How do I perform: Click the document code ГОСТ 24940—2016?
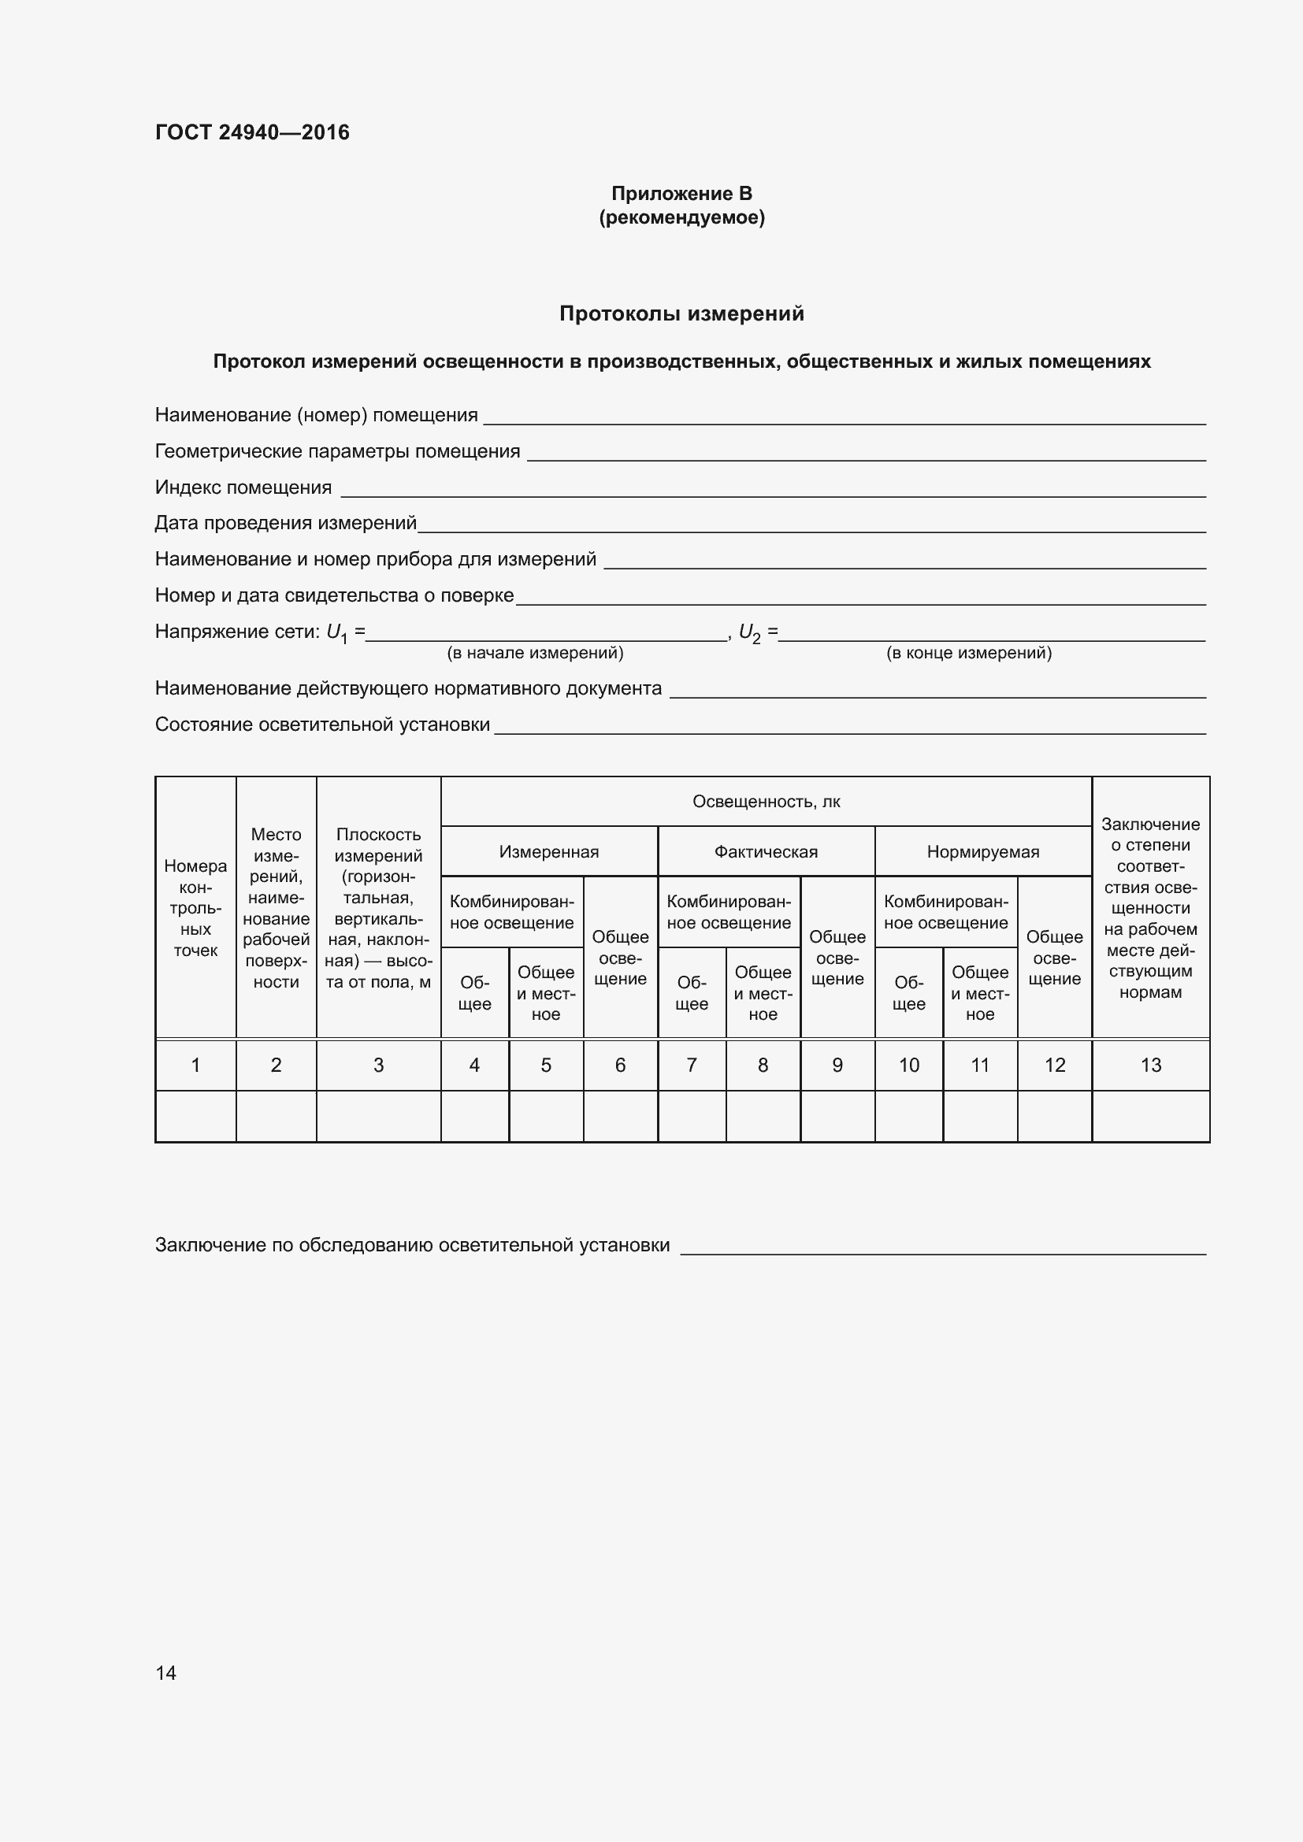252,132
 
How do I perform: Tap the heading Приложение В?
681,194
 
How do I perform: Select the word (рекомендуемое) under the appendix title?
681,217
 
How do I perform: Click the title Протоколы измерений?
681,313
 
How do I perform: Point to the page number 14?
166,1673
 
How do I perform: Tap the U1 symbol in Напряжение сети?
336,633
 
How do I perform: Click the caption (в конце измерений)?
968,653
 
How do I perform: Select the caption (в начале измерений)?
535,653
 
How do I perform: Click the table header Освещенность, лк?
767,802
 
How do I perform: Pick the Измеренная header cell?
549,852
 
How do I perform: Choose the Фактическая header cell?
767,852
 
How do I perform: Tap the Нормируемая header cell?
983,852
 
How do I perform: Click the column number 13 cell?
1150,1066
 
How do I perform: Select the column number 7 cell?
692,1066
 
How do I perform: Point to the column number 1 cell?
196,1066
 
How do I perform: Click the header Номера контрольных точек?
196,908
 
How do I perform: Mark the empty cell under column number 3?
379,1116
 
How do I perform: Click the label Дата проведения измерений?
286,523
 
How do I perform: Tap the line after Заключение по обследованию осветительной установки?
943,1250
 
